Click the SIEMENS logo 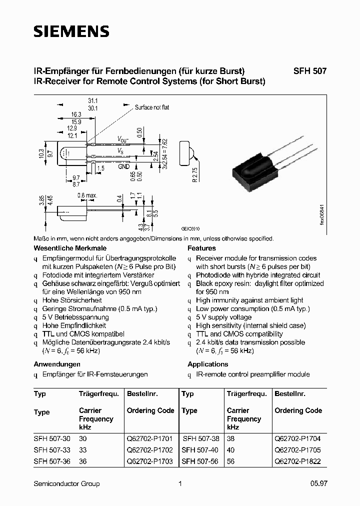71,32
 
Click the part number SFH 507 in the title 309,71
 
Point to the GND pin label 124,166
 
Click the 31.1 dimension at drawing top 92,100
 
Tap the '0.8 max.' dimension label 87,195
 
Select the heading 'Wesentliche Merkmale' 70,248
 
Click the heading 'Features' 201,248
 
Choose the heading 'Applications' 207,364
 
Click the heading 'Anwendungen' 57,364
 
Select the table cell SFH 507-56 199,461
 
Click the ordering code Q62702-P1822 298,461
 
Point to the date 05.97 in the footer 318,483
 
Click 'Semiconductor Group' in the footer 66,483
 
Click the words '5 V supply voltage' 223,317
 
